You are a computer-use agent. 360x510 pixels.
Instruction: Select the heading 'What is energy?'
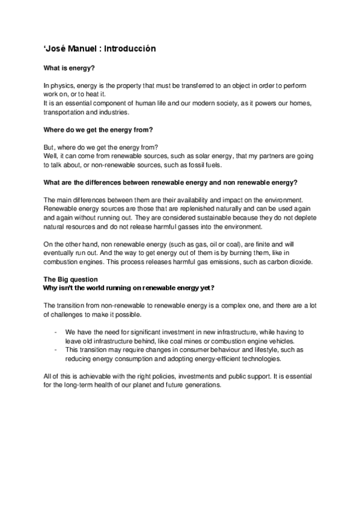(x=67, y=69)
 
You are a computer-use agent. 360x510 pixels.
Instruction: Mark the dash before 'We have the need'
(x=55, y=332)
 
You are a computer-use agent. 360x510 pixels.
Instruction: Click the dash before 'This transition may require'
(x=55, y=349)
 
